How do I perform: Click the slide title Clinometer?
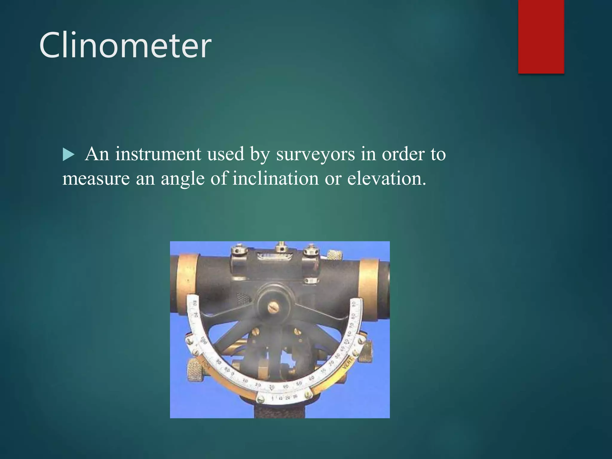pyautogui.click(x=125, y=45)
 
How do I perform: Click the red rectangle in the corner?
pyautogui.click(x=541, y=36)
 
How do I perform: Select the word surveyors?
pyautogui.click(x=315, y=154)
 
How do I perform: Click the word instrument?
pyautogui.click(x=158, y=154)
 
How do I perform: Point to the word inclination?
pyautogui.click(x=276, y=179)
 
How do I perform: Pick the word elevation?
pyautogui.click(x=386, y=179)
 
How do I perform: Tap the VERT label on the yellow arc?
pyautogui.click(x=348, y=363)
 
